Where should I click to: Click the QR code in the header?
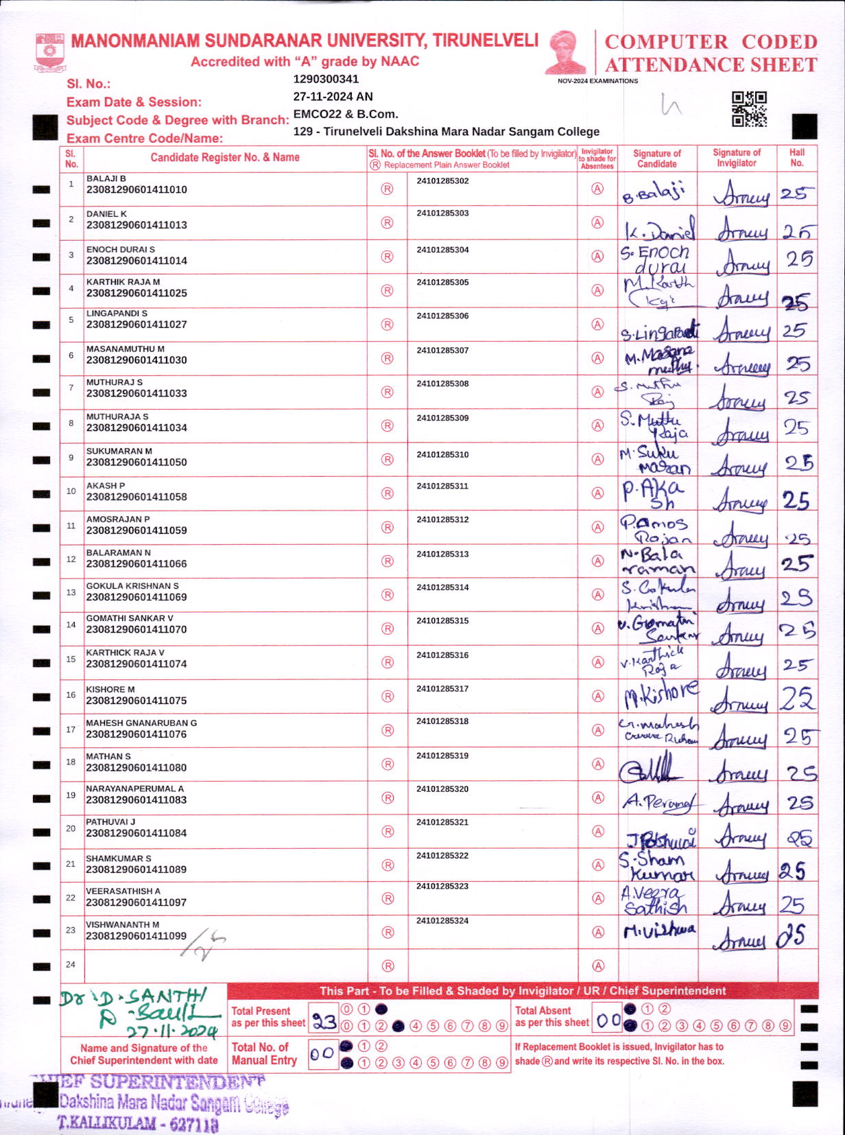pyautogui.click(x=749, y=109)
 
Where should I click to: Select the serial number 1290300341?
pyautogui.click(x=326, y=79)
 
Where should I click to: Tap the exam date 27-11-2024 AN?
pyautogui.click(x=333, y=97)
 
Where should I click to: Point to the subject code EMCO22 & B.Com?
pyautogui.click(x=346, y=114)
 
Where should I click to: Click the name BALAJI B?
pyautogui.click(x=106, y=178)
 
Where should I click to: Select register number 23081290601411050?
pyautogui.click(x=136, y=463)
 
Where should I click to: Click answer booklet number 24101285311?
pyautogui.click(x=442, y=486)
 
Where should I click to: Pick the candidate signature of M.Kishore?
pyautogui.click(x=660, y=696)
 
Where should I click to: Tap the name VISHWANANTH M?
pyautogui.click(x=122, y=924)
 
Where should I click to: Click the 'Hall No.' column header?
pyautogui.click(x=797, y=158)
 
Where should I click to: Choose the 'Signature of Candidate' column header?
pyautogui.click(x=657, y=159)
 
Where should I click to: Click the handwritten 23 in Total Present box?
pyautogui.click(x=324, y=1022)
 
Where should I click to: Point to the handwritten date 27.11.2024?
pyautogui.click(x=171, y=1031)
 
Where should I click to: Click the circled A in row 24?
pyautogui.click(x=598, y=966)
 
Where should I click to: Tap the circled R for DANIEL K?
pyautogui.click(x=388, y=223)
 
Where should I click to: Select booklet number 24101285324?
pyautogui.click(x=442, y=920)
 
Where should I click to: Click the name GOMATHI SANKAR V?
pyautogui.click(x=130, y=618)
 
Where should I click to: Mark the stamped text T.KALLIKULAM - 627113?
pyautogui.click(x=138, y=1123)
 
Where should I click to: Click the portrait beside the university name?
pyautogui.click(x=567, y=53)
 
